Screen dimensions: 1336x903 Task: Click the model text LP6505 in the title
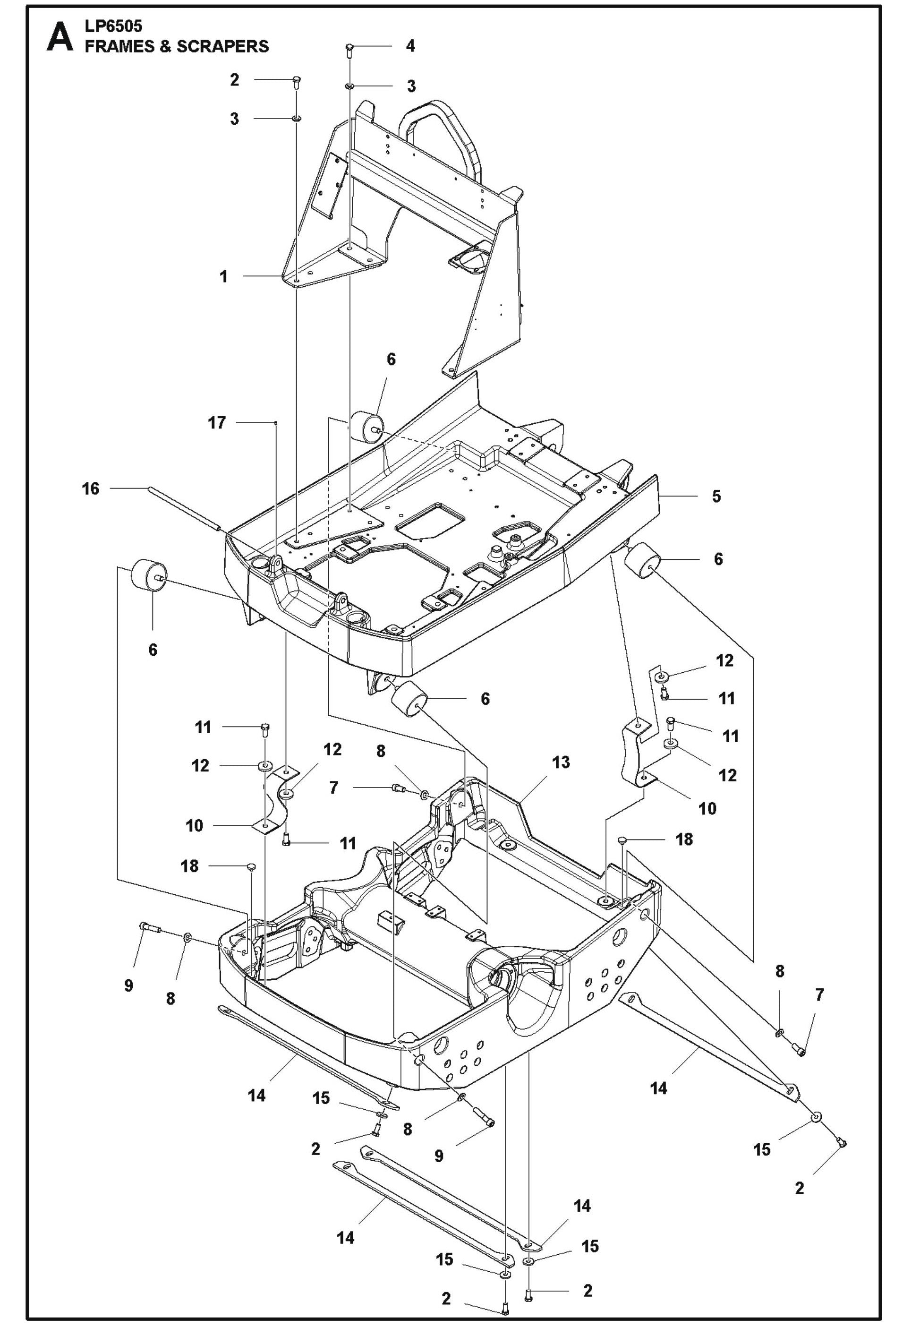(x=113, y=26)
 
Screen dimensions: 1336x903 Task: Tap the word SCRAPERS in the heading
(x=222, y=47)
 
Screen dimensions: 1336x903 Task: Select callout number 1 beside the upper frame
(x=223, y=276)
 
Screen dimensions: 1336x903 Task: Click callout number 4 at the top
(x=410, y=45)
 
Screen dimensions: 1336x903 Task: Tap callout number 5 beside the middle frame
(x=716, y=496)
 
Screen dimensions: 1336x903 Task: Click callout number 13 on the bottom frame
(x=561, y=762)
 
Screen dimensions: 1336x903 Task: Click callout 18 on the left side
(x=190, y=866)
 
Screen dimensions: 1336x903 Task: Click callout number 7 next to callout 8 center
(x=334, y=788)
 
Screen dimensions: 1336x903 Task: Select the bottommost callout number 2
(x=446, y=1314)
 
